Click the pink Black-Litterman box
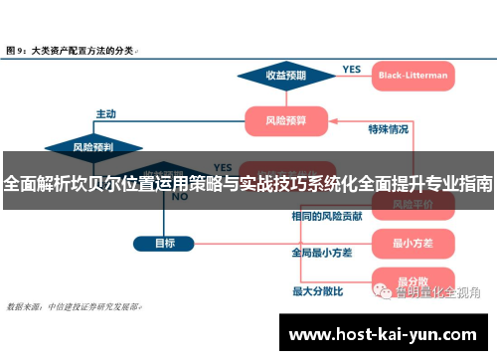pos(414,75)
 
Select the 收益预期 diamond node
pos(285,75)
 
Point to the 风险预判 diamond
pos(93,146)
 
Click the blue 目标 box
pos(165,243)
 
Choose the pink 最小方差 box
pos(413,243)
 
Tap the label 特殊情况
pos(389,128)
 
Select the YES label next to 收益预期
pos(352,70)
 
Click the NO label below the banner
pos(179,196)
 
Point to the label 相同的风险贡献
pos(326,216)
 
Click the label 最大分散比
pos(317,291)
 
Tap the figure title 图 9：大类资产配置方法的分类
pos(72,48)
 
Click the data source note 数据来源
pos(75,306)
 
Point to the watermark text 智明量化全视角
pos(437,292)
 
